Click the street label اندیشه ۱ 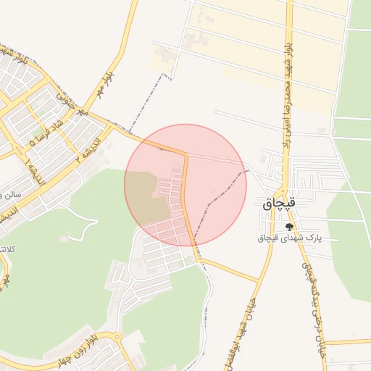pos(33,174)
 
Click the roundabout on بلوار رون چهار pos(117,337)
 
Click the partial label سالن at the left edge pos(10,194)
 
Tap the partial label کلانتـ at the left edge pos(7,249)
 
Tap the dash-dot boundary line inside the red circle pos(217,199)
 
